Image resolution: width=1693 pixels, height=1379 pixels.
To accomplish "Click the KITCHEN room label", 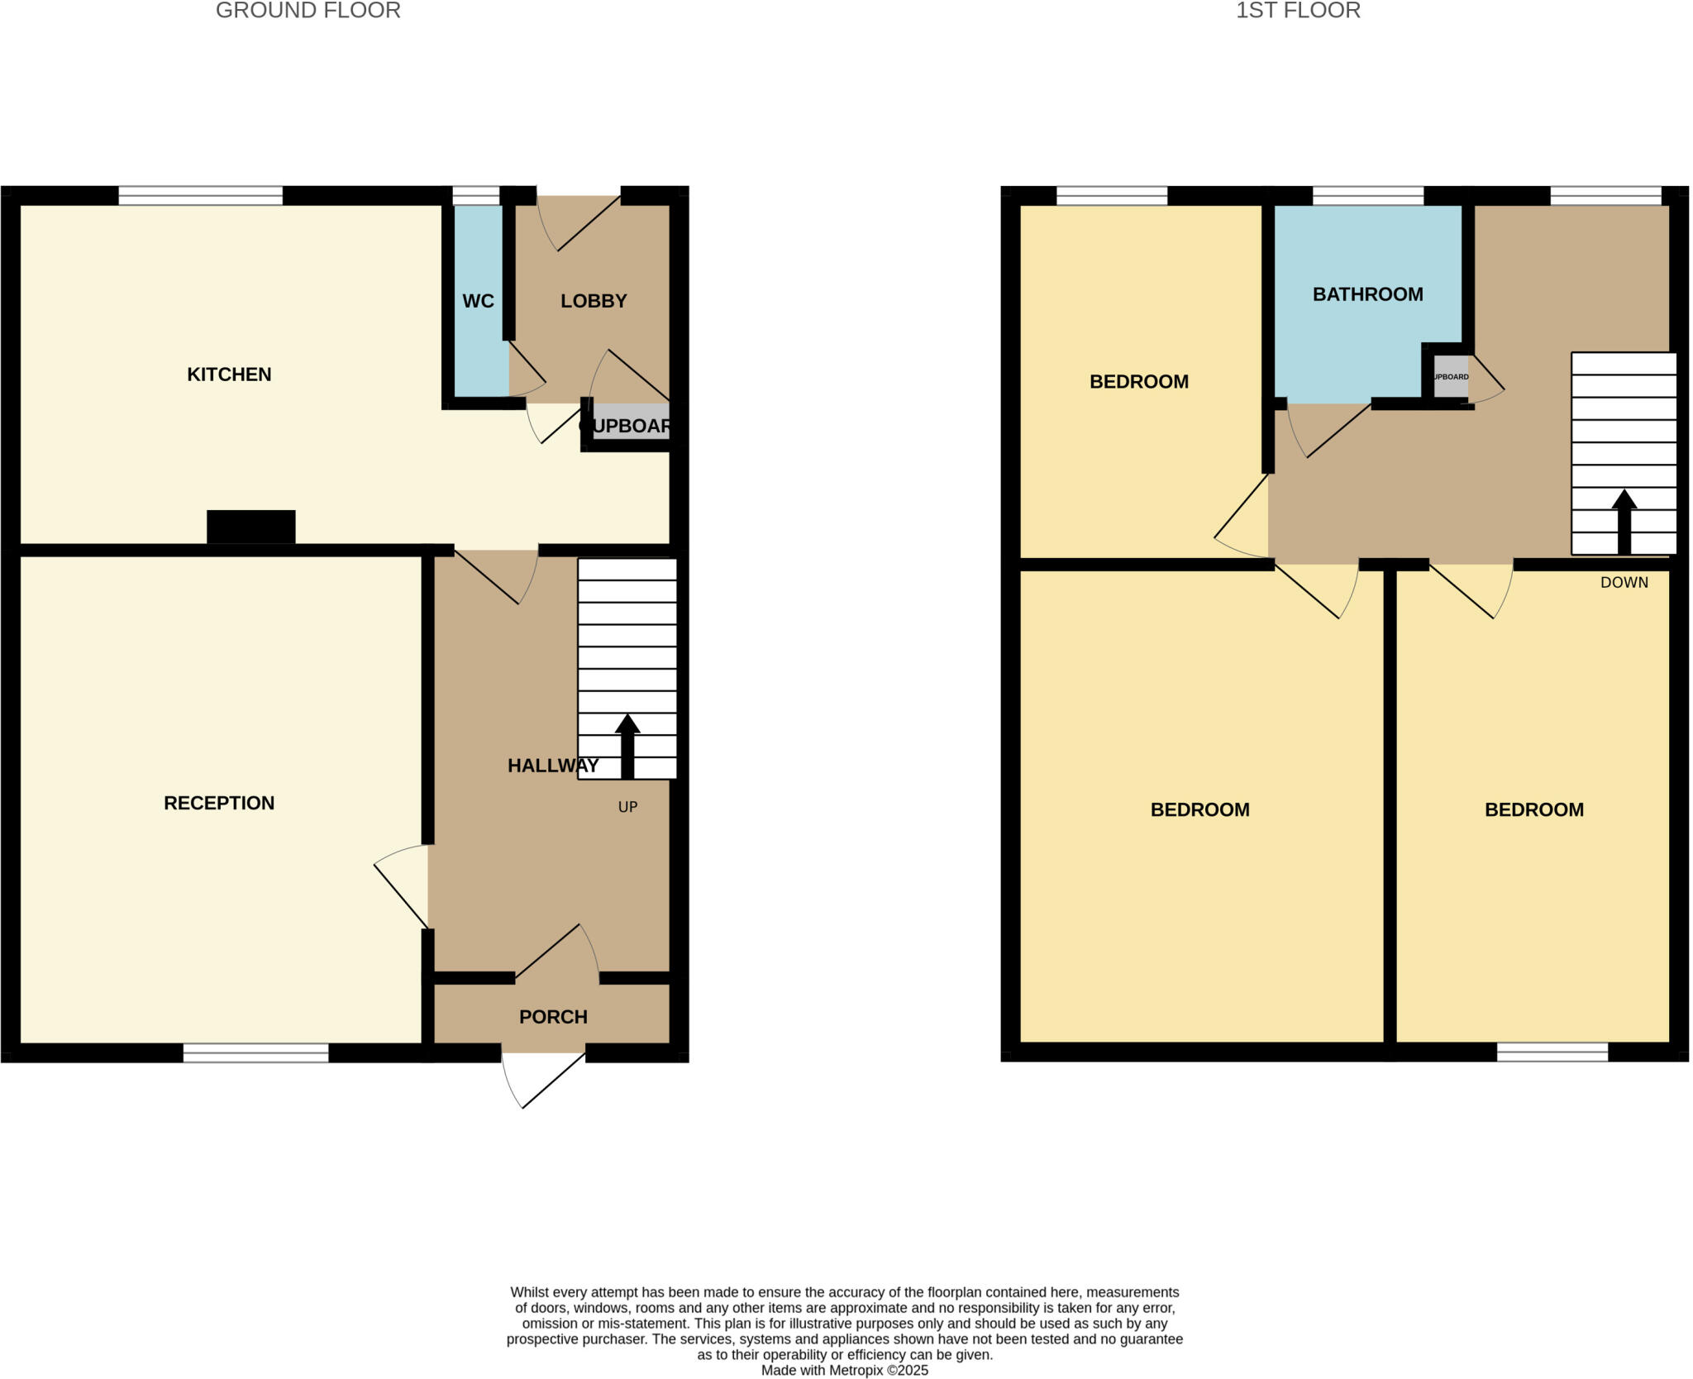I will coord(229,375).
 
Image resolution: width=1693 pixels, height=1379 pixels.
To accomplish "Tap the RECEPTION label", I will coord(219,803).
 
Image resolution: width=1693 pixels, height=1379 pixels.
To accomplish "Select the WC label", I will coord(478,301).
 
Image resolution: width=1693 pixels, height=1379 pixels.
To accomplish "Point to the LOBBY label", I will coord(594,301).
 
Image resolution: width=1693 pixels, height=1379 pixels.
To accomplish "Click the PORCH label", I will coord(553,1017).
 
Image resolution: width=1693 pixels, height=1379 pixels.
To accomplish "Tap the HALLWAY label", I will coord(553,766).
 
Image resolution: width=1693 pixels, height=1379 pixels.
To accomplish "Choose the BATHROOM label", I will coord(1367,294).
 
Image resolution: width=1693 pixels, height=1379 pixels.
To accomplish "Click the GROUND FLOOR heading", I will coord(308,11).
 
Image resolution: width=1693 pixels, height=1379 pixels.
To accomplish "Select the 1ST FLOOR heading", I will coord(1298,11).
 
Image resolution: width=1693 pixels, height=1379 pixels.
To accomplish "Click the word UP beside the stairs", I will coord(627,807).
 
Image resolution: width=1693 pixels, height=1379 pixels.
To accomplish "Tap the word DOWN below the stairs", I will coord(1624,583).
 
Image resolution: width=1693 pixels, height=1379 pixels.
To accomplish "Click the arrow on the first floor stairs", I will coord(1624,521).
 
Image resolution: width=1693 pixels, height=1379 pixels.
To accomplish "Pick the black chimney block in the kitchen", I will coord(250,527).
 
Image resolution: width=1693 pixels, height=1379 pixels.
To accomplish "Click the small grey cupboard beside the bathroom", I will coord(1451,377).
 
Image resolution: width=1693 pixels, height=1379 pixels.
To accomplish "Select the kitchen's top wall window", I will coord(200,196).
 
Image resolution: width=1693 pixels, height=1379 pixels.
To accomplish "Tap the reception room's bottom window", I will coord(255,1052).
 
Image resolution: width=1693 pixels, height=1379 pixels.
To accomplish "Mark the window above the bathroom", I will coord(1367,196).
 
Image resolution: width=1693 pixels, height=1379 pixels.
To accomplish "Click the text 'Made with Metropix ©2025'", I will coord(844,1370).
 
